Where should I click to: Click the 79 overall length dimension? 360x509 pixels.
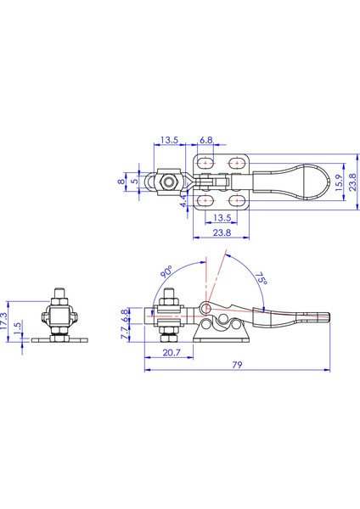pyautogui.click(x=237, y=365)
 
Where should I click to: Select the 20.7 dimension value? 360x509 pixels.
pyautogui.click(x=172, y=353)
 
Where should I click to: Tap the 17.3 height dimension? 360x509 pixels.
pyautogui.click(x=4, y=322)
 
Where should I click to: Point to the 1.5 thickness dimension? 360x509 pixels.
pyautogui.click(x=18, y=327)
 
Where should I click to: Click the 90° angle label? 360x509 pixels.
pyautogui.click(x=166, y=271)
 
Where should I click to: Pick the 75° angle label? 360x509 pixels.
pyautogui.click(x=261, y=278)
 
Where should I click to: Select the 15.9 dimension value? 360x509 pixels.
pyautogui.click(x=338, y=182)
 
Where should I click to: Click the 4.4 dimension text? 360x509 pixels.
pyautogui.click(x=184, y=201)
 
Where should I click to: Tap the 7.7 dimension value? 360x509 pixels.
pyautogui.click(x=125, y=333)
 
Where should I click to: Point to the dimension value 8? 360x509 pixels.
pyautogui.click(x=121, y=181)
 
